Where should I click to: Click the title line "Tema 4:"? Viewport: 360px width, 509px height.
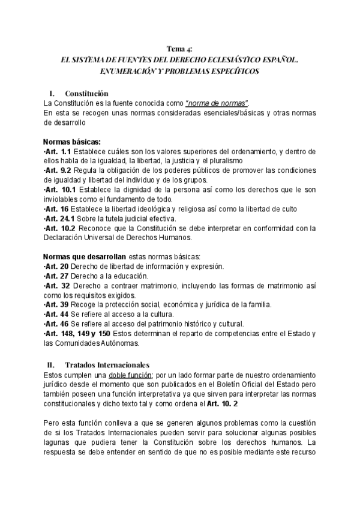pos(180,49)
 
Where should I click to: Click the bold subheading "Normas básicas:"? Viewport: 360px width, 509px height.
pos(71,141)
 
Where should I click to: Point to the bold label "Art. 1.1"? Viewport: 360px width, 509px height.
pos(58,151)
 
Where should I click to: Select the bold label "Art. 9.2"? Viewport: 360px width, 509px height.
pos(58,170)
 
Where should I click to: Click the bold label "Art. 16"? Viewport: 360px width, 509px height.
pos(56,208)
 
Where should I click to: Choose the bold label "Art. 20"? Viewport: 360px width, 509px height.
pos(56,266)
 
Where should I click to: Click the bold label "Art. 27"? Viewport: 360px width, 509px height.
pos(56,276)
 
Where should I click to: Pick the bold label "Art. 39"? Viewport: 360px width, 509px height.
pos(56,304)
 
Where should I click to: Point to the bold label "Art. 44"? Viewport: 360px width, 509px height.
pos(56,314)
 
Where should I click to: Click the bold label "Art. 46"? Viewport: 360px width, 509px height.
pos(56,324)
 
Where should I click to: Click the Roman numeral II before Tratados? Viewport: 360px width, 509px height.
pos(50,364)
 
